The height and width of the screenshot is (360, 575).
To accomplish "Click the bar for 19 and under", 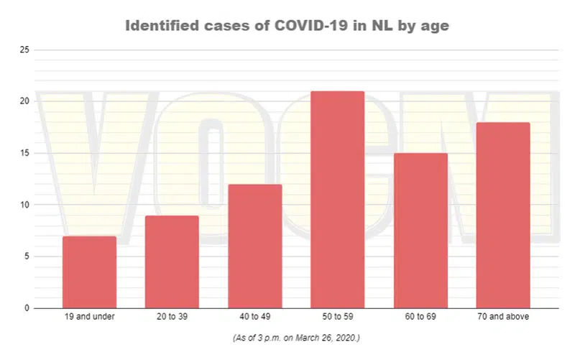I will (x=89, y=272).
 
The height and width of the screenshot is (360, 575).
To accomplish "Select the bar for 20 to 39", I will (x=172, y=262).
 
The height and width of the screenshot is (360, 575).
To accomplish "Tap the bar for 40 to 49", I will (x=254, y=246).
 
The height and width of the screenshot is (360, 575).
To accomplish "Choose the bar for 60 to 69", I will (x=420, y=231).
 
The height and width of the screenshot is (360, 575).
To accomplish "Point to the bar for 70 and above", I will (x=503, y=216).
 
